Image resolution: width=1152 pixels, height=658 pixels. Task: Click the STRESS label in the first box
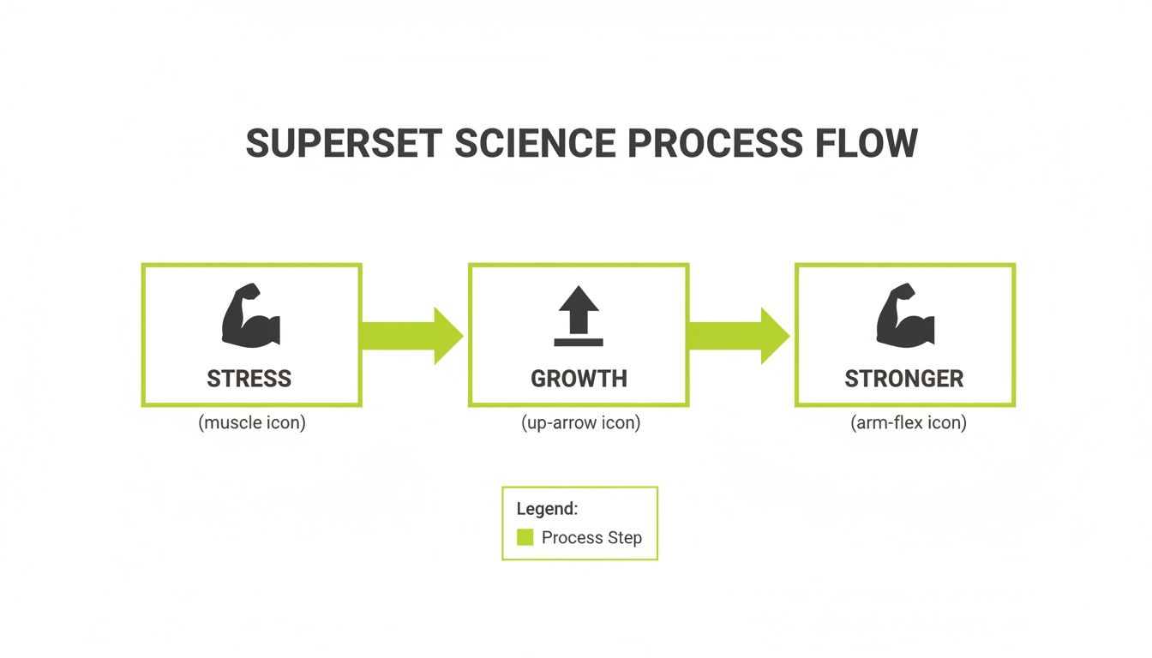[x=249, y=379]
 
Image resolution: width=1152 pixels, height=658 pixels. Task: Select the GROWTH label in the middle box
[x=579, y=379]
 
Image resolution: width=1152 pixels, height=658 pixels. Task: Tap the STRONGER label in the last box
[x=904, y=379]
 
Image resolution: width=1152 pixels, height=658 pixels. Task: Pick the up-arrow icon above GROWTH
[x=579, y=309]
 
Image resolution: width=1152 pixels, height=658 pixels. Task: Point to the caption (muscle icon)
[x=251, y=423]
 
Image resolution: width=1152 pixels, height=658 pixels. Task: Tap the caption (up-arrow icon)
[x=580, y=423]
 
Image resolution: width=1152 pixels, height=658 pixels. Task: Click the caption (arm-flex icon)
[x=908, y=423]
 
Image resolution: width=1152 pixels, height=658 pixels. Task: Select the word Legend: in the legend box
[x=547, y=509]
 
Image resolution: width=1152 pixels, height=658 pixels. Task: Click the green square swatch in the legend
[x=525, y=538]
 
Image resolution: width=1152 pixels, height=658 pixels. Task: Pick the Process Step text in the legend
[x=591, y=538]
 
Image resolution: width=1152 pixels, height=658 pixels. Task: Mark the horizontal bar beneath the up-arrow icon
[x=579, y=342]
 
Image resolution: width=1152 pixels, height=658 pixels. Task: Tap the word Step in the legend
[x=624, y=538]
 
